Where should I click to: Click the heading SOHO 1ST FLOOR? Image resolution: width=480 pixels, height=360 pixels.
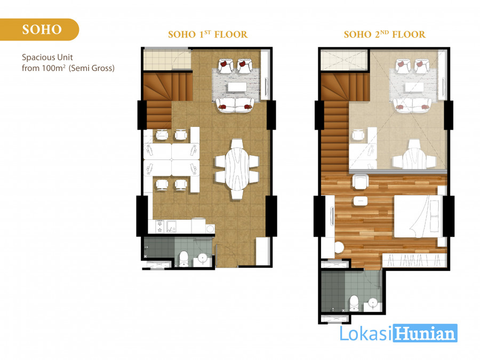coord(208,34)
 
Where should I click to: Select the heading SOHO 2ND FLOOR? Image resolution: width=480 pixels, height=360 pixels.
coord(385,34)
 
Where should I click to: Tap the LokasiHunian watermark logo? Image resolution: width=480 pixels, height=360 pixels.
coord(398,333)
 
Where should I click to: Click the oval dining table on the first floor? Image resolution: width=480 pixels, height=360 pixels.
coord(237,169)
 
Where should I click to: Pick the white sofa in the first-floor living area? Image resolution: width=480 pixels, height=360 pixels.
coord(235,105)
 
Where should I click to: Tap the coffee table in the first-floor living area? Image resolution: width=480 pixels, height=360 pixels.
coord(237,87)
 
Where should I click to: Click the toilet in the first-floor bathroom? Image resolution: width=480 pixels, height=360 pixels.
coord(183,258)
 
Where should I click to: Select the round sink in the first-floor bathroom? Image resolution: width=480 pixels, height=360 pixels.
coord(202,259)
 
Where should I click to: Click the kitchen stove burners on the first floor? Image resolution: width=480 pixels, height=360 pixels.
coord(159,226)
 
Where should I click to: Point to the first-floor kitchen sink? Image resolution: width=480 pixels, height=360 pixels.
coord(171,227)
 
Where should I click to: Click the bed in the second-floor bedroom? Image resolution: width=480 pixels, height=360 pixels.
coord(418,216)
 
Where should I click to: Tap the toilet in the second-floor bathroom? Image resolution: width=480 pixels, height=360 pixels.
coord(354,303)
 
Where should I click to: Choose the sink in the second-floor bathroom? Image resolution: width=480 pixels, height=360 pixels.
coord(373,303)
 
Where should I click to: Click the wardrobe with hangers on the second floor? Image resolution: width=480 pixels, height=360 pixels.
coord(414,260)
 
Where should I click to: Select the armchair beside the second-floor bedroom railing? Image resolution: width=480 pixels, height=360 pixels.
coord(361,182)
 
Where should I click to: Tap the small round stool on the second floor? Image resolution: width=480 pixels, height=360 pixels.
coord(339,247)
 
